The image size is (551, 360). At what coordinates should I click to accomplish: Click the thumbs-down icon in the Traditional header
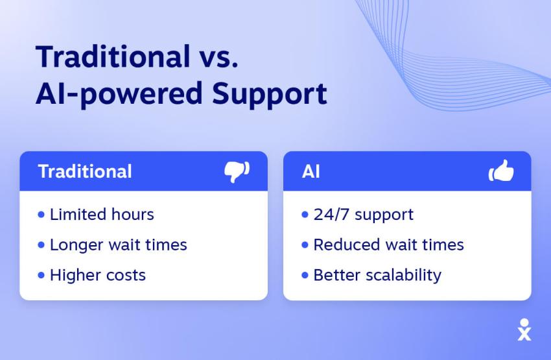tap(237, 172)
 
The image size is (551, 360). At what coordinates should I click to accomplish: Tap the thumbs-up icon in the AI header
tap(500, 172)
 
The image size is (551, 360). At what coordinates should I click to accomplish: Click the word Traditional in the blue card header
tap(85, 171)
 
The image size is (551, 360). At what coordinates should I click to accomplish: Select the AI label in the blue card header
tap(311, 171)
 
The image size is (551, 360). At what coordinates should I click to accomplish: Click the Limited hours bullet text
tap(102, 214)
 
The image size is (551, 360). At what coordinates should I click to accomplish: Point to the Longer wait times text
tap(118, 245)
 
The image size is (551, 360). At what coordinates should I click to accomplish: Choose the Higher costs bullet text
tap(98, 274)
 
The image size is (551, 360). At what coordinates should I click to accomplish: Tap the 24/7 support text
tap(363, 214)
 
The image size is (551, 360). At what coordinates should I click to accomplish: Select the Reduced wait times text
tap(388, 245)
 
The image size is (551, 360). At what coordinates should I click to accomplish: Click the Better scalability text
tap(377, 274)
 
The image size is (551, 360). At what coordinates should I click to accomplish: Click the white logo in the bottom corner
tap(524, 330)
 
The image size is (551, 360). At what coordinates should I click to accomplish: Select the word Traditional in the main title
tap(110, 57)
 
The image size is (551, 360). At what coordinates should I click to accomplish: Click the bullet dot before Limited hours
tap(42, 214)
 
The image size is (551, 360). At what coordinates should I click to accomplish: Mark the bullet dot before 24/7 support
tap(305, 214)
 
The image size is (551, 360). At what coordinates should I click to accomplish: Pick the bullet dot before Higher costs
tap(42, 274)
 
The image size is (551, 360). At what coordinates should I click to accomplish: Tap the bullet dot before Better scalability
tap(305, 274)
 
